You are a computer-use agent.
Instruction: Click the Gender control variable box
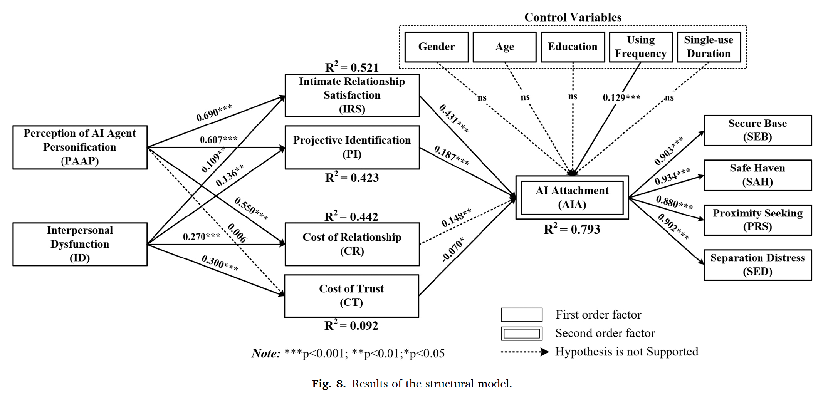click(x=437, y=47)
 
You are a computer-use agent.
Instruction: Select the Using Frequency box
click(x=641, y=47)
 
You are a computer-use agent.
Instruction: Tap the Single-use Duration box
click(x=709, y=47)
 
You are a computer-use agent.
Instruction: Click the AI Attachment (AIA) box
click(x=572, y=198)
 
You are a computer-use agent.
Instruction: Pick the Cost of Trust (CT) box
click(x=351, y=296)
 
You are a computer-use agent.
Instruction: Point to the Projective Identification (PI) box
click(x=352, y=147)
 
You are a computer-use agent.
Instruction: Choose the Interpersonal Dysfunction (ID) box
click(x=80, y=244)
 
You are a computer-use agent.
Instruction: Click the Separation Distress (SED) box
click(x=757, y=265)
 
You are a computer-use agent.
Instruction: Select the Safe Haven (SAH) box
click(x=757, y=175)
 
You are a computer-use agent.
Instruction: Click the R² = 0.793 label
click(x=572, y=230)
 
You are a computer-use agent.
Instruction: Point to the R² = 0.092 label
click(x=351, y=326)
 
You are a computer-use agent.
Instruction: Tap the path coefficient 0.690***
click(x=214, y=113)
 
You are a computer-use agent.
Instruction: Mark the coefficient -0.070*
click(x=453, y=250)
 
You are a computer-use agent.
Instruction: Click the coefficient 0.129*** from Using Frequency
click(x=621, y=97)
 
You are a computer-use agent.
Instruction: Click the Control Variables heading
click(x=573, y=17)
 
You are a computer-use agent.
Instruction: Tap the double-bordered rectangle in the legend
click(x=522, y=334)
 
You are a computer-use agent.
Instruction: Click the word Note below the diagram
click(x=266, y=354)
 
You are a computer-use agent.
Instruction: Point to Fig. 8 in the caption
click(x=329, y=384)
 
